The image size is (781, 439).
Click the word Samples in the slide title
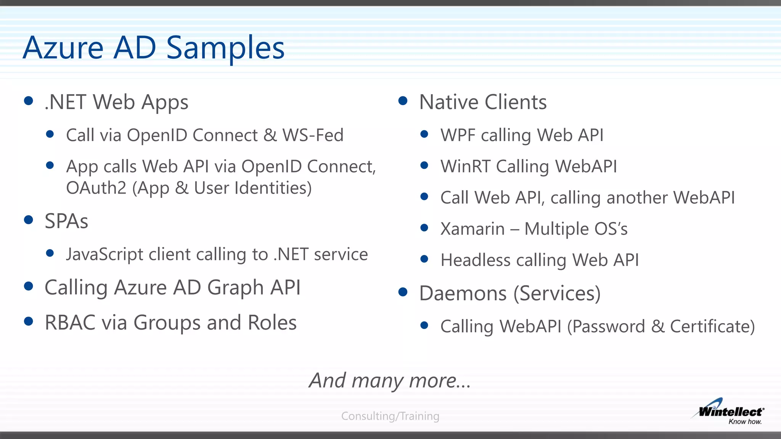click(225, 48)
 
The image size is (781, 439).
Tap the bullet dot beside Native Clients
click(403, 101)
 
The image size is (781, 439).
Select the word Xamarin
click(472, 229)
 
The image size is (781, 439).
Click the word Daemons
click(463, 293)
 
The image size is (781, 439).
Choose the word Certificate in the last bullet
click(712, 327)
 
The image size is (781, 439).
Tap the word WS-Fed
click(313, 135)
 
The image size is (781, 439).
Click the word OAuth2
click(96, 188)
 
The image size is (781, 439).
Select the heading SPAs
click(66, 221)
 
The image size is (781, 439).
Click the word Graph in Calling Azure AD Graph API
click(235, 288)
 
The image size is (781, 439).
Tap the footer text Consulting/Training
click(390, 416)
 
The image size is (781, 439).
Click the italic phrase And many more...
click(389, 380)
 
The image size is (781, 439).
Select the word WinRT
click(465, 167)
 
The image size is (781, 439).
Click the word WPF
click(458, 135)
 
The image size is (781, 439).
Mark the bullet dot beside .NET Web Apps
click(29, 101)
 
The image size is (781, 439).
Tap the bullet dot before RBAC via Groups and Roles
click(29, 322)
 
